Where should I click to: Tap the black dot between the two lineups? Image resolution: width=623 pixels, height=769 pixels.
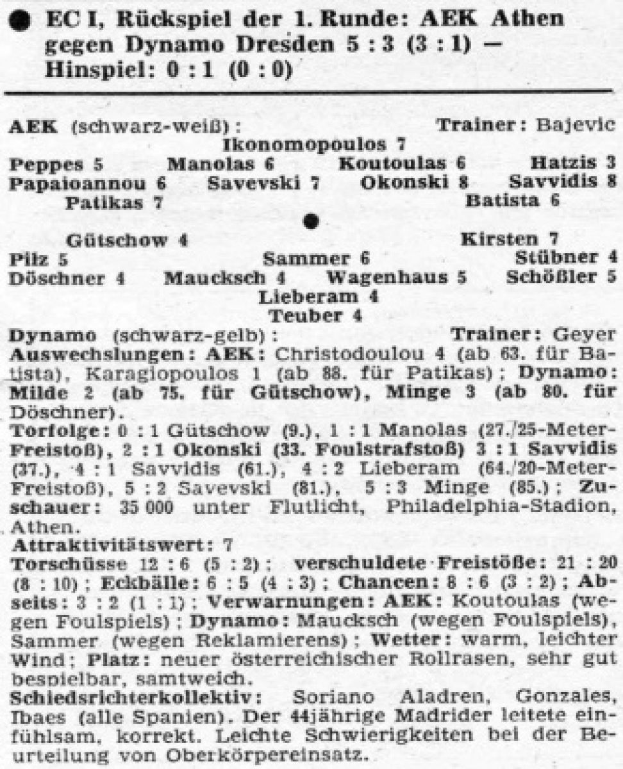point(311,220)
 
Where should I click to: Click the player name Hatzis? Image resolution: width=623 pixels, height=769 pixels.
point(558,163)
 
